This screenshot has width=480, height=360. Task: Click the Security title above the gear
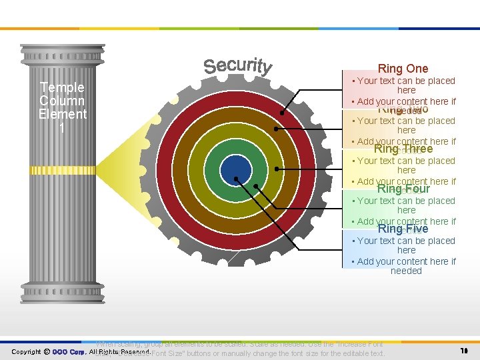(x=238, y=66)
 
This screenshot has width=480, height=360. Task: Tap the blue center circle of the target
(x=235, y=169)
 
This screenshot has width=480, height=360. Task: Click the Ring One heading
(x=403, y=69)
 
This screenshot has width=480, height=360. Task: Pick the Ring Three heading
(x=403, y=149)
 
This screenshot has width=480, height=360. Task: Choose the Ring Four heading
(x=403, y=189)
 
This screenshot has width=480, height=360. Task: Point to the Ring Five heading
(x=403, y=229)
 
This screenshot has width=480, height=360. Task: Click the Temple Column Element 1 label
(x=63, y=107)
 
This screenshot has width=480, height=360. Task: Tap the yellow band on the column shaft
(x=63, y=170)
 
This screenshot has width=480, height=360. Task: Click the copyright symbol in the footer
(x=47, y=351)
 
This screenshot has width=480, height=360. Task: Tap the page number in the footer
(x=464, y=351)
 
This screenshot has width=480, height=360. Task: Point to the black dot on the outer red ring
(x=282, y=113)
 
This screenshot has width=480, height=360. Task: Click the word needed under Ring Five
(x=406, y=271)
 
